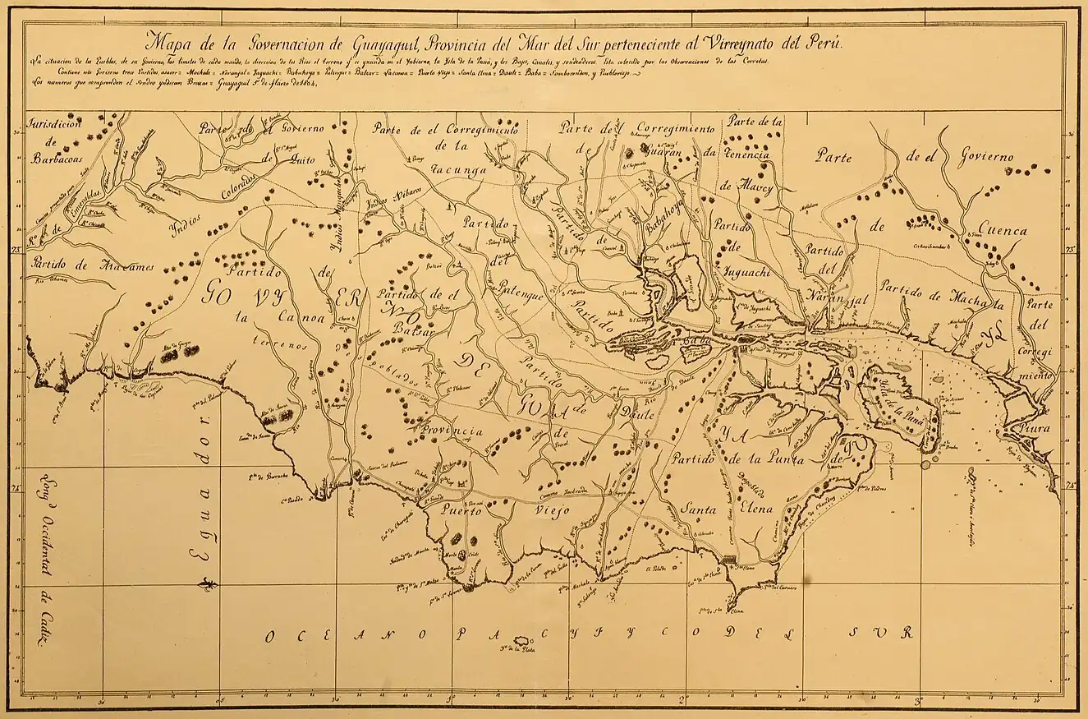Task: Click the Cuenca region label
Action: coord(1001,231)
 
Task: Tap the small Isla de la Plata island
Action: coord(521,641)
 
